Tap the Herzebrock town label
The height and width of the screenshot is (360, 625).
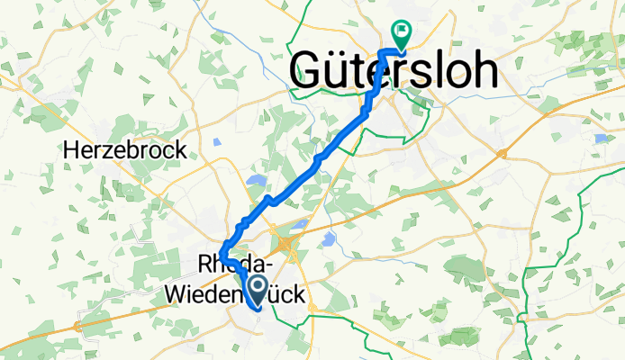tap(126, 150)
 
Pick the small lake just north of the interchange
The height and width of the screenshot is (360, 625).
tap(300, 222)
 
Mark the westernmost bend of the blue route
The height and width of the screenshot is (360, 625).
tap(221, 260)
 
